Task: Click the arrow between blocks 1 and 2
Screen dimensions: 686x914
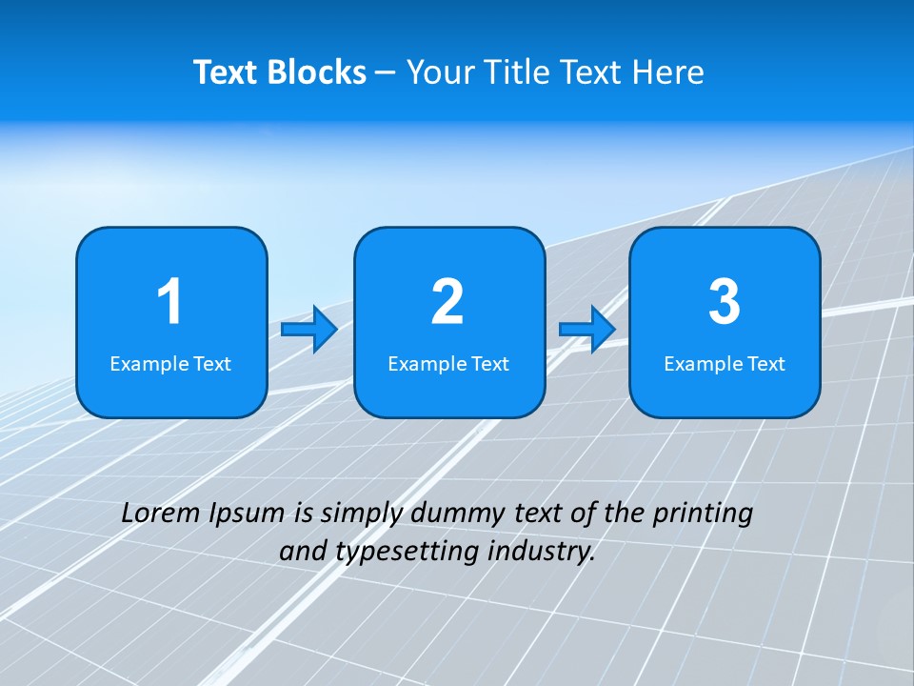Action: click(x=309, y=330)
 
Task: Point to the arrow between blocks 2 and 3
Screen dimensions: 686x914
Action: click(x=587, y=330)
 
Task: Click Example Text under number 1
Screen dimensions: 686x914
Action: click(x=170, y=364)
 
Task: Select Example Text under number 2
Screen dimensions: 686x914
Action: click(x=448, y=364)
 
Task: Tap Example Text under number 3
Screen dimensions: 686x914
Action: click(x=725, y=364)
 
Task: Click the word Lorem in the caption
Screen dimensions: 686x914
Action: click(x=159, y=513)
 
